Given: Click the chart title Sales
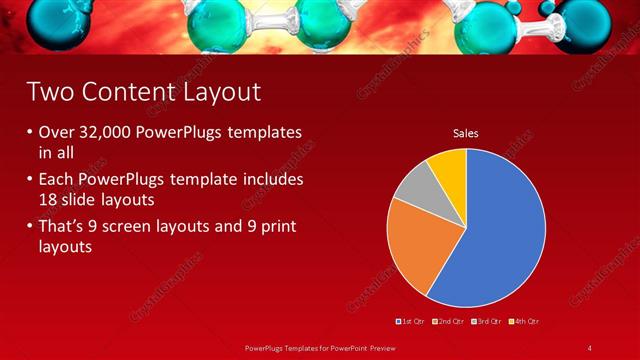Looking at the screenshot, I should pos(465,132).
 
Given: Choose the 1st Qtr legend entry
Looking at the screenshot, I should pos(413,321).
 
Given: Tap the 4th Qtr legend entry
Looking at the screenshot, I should pos(527,321).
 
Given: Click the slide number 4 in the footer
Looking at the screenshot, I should pos(589,347).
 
